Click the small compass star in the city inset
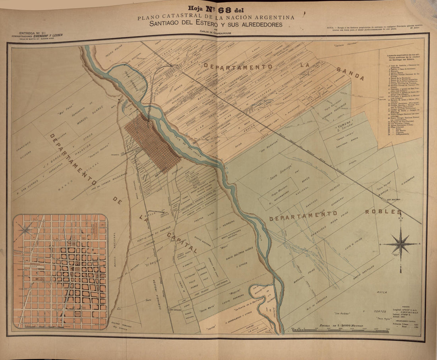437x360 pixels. click(25, 229)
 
